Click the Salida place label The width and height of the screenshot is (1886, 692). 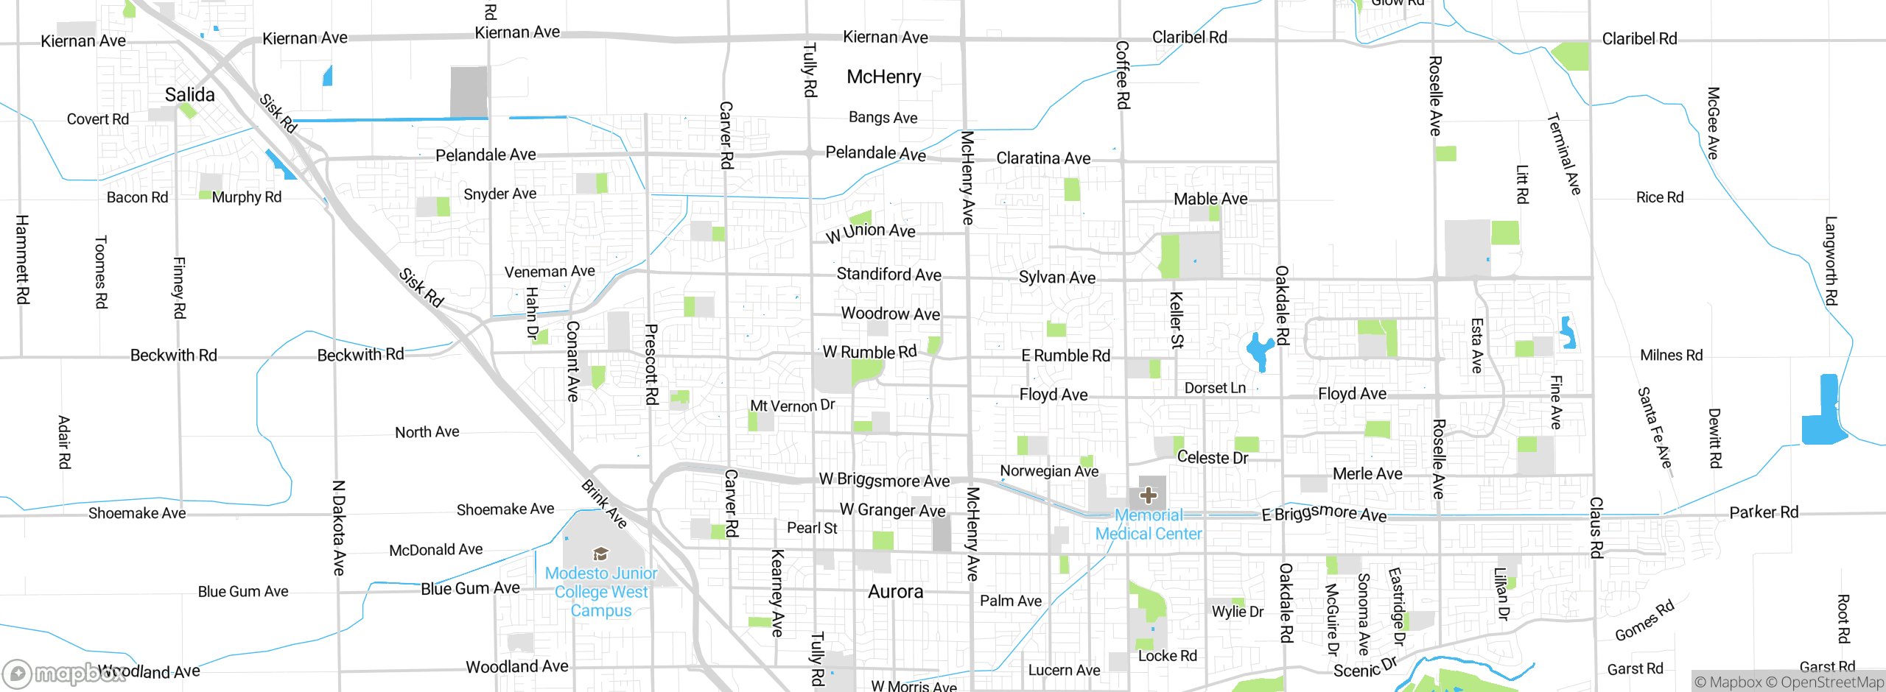coord(189,95)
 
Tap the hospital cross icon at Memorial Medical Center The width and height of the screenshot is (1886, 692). coord(1148,495)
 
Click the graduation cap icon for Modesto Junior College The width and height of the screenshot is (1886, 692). coord(600,554)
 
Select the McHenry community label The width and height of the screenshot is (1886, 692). coord(883,77)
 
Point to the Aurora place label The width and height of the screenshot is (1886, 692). coord(895,592)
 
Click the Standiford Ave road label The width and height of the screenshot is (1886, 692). coord(888,275)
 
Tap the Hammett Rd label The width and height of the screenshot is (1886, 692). coord(22,259)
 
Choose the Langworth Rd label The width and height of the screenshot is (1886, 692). coord(1831,261)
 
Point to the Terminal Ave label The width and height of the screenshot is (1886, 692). coord(1563,154)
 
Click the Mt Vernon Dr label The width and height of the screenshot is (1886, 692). coord(792,406)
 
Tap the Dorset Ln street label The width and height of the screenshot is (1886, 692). coord(1215,388)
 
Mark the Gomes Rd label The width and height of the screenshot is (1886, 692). coord(1644,621)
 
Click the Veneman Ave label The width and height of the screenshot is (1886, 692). coord(550,272)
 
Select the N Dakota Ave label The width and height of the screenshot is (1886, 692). coord(338,527)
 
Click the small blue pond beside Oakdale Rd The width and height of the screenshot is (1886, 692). coord(1259,351)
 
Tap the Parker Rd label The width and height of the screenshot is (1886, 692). coord(1764,512)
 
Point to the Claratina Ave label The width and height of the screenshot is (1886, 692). coord(1043,158)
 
